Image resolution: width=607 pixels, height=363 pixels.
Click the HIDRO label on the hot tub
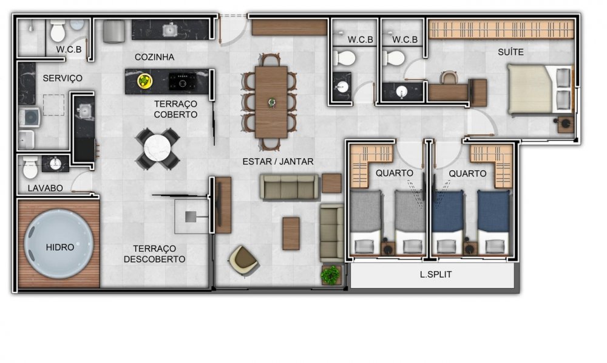[x=60, y=247]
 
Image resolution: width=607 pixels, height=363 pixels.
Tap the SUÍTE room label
[x=510, y=52]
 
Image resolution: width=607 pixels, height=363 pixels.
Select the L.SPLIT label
[x=435, y=275]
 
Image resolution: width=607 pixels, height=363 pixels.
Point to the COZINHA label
[x=154, y=57]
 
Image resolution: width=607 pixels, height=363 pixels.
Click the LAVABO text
[x=46, y=188]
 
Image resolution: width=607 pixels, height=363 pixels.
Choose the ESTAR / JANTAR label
[x=278, y=161]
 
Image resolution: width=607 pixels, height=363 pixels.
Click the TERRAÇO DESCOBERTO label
[x=154, y=254]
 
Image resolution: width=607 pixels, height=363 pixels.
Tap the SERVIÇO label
[x=63, y=78]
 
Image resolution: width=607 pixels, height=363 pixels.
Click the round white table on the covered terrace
[x=157, y=148]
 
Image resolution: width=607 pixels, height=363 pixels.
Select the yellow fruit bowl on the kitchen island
[x=144, y=81]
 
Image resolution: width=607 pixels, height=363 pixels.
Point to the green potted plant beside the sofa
[x=330, y=275]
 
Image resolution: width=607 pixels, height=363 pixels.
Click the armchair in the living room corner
[x=243, y=260]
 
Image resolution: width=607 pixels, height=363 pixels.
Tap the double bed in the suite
[x=540, y=90]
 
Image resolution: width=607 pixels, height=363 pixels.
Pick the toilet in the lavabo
[x=30, y=167]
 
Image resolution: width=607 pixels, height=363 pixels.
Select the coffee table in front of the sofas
[x=291, y=233]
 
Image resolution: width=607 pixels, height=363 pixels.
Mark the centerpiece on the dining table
[x=272, y=102]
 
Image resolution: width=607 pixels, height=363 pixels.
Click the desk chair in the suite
[x=449, y=78]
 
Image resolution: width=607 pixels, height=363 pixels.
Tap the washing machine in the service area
[x=29, y=117]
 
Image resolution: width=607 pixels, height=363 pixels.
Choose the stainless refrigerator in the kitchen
[x=114, y=32]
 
